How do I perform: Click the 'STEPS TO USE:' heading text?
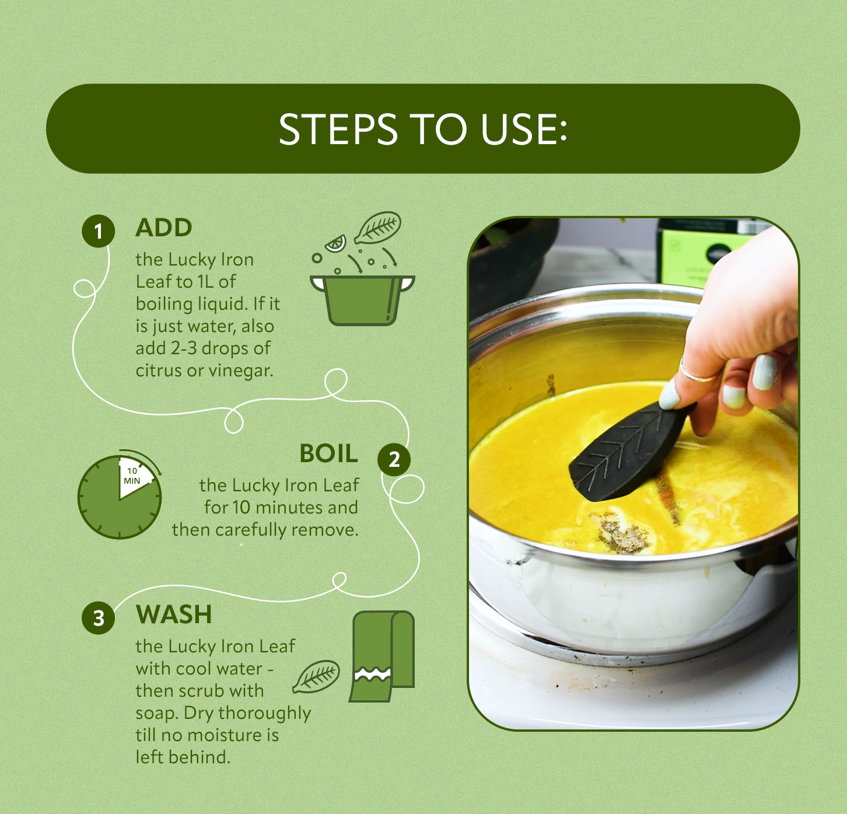coord(423,129)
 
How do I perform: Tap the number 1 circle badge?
coord(99,230)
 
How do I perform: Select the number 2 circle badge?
coord(394,459)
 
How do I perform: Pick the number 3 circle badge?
coord(99,618)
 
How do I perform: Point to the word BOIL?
coord(328,453)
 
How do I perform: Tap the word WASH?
coord(174,614)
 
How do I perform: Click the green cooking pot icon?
coord(362,300)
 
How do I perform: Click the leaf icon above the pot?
coord(377,227)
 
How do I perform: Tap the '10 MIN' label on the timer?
coord(132,476)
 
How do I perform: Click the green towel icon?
coord(381,656)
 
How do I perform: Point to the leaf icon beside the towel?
coord(316,676)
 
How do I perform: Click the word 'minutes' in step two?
coord(289,508)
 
